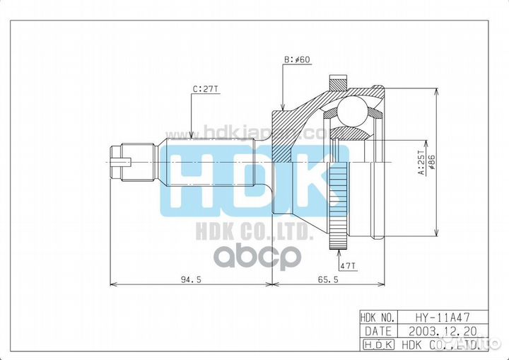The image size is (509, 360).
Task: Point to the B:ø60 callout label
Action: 296,60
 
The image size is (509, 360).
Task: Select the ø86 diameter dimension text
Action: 430,162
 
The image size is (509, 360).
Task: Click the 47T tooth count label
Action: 347,266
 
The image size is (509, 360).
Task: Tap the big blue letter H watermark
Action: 188,178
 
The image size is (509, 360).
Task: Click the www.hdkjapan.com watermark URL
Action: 244,132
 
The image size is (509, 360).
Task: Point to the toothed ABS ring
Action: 340,205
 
